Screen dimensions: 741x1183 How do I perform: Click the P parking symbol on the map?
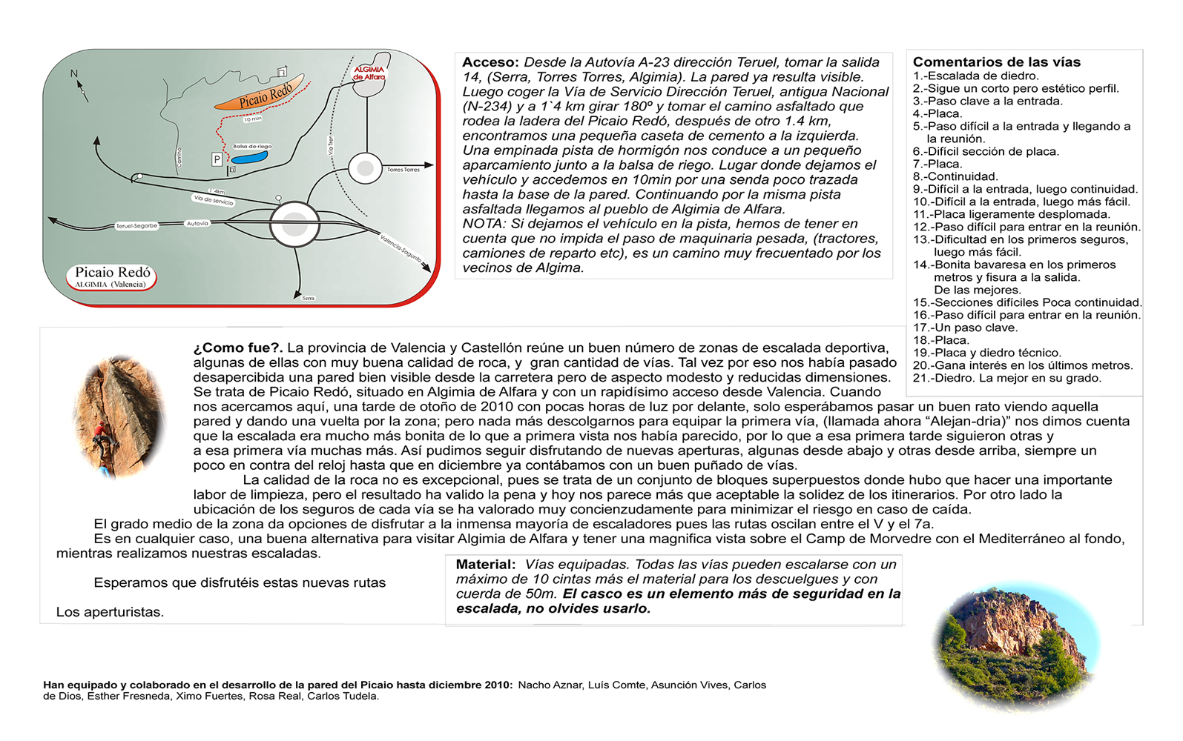217,159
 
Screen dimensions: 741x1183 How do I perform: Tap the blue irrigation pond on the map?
249,157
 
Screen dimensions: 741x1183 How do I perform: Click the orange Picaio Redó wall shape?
260,95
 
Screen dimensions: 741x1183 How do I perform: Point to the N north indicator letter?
74,73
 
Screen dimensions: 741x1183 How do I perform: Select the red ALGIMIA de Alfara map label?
369,73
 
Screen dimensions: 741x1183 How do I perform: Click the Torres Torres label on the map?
403,170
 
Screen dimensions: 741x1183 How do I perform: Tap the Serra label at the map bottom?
309,298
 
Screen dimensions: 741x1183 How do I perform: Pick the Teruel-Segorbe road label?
137,226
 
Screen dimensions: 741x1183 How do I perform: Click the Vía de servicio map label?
214,200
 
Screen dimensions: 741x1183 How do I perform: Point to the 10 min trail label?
253,119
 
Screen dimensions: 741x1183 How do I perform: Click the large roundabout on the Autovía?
294,224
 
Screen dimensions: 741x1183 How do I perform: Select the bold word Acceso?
491,62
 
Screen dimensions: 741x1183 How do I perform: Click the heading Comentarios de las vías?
996,62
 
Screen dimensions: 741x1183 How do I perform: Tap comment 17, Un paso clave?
966,328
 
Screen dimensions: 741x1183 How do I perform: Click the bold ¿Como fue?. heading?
237,348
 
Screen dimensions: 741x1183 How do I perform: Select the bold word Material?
485,565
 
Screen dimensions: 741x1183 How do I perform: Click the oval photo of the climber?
118,416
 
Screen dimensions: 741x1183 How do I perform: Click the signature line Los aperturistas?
110,612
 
